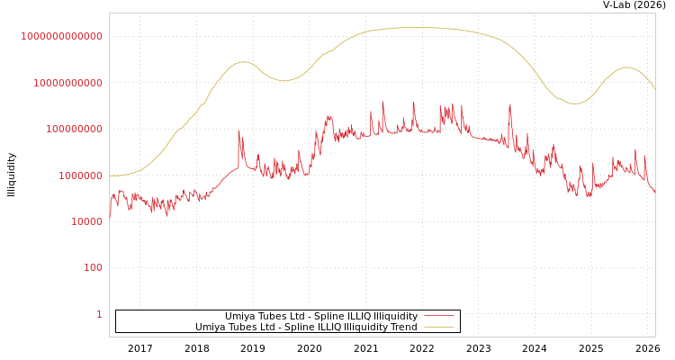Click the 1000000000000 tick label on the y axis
[x=61, y=36]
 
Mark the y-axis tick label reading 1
[x=99, y=314]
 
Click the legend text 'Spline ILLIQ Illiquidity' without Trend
[x=320, y=317]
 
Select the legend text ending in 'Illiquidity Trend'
[x=306, y=328]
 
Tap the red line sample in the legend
[x=438, y=317]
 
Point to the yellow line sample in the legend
[x=438, y=328]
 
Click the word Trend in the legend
[x=402, y=328]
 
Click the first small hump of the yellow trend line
[x=242, y=61]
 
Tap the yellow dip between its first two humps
[x=284, y=81]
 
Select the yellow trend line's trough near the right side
[x=575, y=103]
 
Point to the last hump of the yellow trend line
[x=626, y=67]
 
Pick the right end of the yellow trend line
[x=654, y=89]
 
